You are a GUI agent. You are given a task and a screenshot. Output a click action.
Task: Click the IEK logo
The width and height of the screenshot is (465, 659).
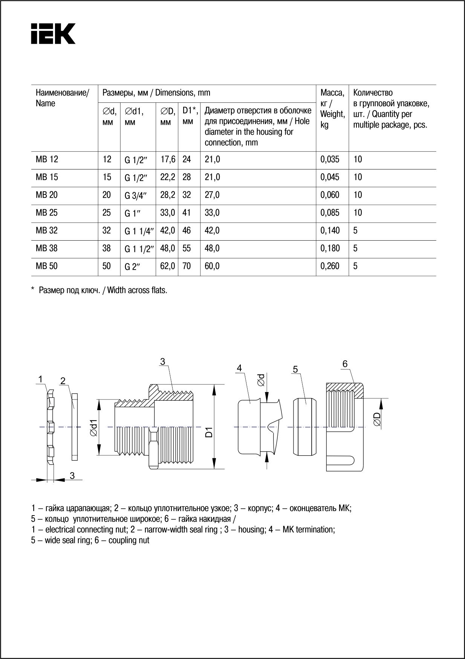[x=53, y=34]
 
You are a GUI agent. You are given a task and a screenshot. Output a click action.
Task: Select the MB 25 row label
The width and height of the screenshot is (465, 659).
[x=47, y=213]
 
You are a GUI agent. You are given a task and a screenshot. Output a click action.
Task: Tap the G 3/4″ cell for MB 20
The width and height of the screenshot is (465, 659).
[x=135, y=195]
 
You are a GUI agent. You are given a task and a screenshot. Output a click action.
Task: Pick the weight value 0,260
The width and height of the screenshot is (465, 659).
[x=330, y=266]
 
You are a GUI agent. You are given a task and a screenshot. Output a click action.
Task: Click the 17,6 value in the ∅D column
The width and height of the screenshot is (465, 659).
[x=168, y=159]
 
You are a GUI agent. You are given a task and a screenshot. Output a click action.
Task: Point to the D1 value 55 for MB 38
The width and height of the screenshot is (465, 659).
[x=187, y=248]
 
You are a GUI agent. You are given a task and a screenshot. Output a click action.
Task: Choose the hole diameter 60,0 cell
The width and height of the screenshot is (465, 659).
[x=212, y=266]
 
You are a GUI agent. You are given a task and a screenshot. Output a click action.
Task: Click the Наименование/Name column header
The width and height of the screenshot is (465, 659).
[x=63, y=98]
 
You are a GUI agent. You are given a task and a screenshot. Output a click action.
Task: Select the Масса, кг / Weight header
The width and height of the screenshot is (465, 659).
[x=332, y=108]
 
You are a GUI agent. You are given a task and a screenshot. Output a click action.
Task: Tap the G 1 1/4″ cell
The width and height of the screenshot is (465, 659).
[x=139, y=231]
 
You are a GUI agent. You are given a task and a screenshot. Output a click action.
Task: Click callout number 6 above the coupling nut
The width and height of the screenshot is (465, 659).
[x=345, y=364]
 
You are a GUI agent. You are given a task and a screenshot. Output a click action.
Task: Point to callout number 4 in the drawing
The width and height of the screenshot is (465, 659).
[x=239, y=368]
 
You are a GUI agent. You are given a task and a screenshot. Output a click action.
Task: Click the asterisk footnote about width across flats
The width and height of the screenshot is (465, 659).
[x=99, y=290]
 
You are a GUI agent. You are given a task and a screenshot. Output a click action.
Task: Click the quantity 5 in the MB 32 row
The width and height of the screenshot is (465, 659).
[x=356, y=230]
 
